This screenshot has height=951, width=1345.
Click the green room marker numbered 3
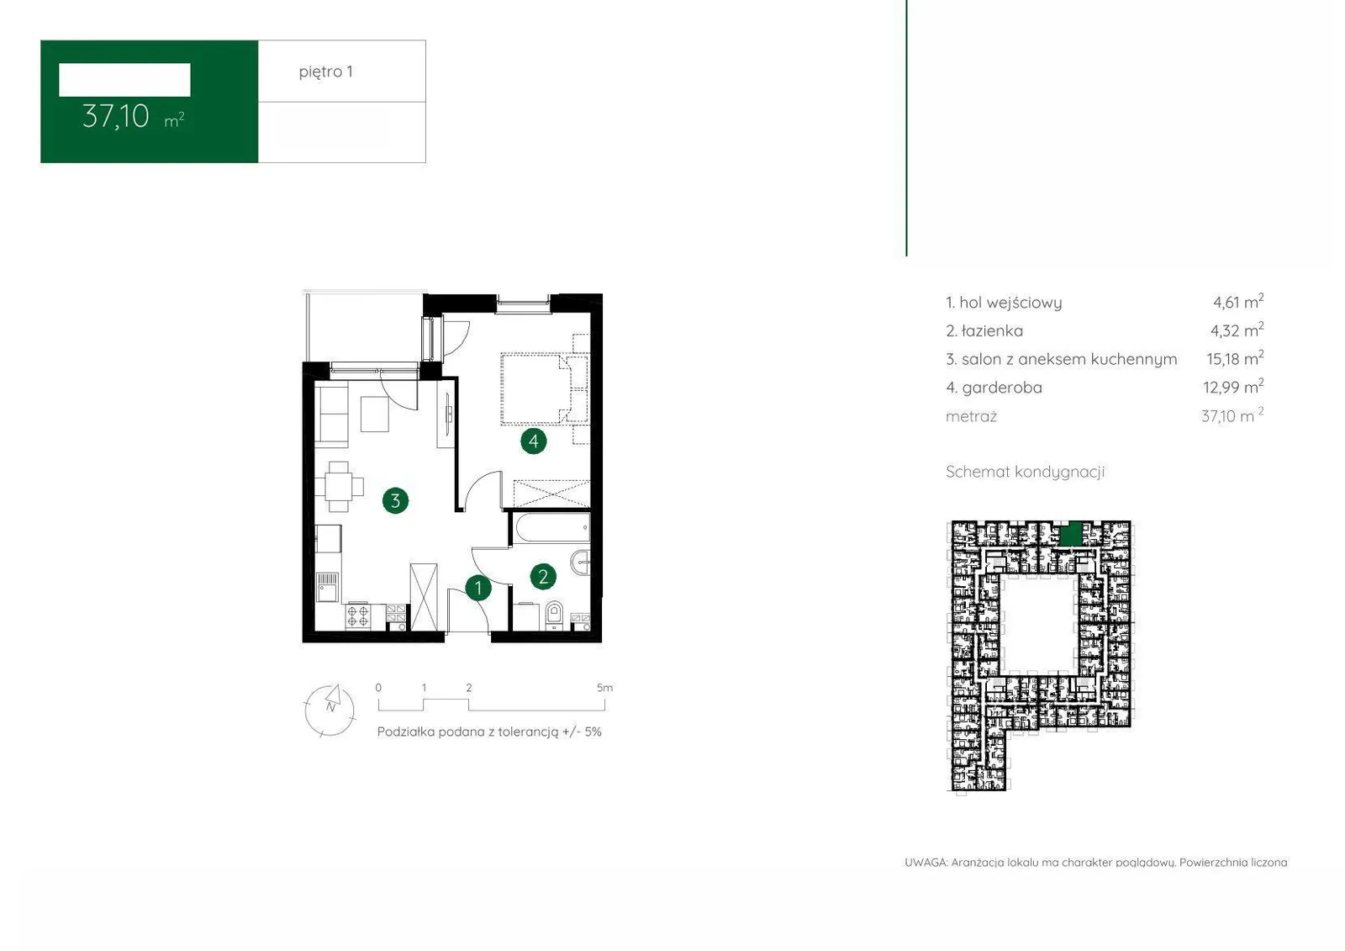pos(395,500)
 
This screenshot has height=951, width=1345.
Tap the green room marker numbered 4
pos(533,441)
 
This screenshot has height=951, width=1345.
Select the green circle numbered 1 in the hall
pos(478,588)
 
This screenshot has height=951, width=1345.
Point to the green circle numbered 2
pos(543,577)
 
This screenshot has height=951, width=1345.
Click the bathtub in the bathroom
pos(551,528)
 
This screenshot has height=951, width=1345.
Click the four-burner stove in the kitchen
pos(358,616)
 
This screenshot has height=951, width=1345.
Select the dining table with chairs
pos(339,486)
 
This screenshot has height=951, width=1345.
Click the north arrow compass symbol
pos(330,710)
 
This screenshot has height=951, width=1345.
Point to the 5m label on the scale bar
pos(604,688)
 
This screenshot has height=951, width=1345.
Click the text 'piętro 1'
pos(325,72)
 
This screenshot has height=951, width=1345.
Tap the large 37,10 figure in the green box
pos(115,117)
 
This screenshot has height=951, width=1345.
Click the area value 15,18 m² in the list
pos(1235,359)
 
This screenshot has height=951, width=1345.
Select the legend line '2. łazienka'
pos(984,331)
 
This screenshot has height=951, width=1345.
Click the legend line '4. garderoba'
pos(994,388)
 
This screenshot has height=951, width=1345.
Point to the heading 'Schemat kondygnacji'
pos(1025,473)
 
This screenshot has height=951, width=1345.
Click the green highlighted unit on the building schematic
pos(1071,533)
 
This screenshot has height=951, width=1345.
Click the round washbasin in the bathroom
pos(581,563)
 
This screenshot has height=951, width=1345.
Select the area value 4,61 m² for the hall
pos(1238,302)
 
